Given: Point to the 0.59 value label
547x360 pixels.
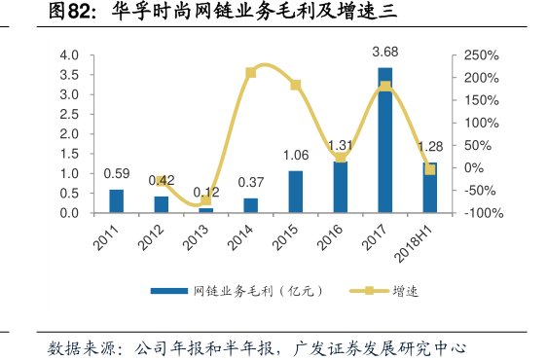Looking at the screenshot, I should click(x=117, y=175).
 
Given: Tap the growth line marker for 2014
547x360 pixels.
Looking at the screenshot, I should click(x=251, y=72).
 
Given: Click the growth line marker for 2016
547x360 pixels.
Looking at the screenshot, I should click(x=341, y=158).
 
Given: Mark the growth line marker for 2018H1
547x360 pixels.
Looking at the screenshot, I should click(x=429, y=169).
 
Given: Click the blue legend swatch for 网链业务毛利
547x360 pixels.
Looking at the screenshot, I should click(x=168, y=291).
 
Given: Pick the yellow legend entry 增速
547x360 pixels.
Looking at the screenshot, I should click(x=385, y=291).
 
